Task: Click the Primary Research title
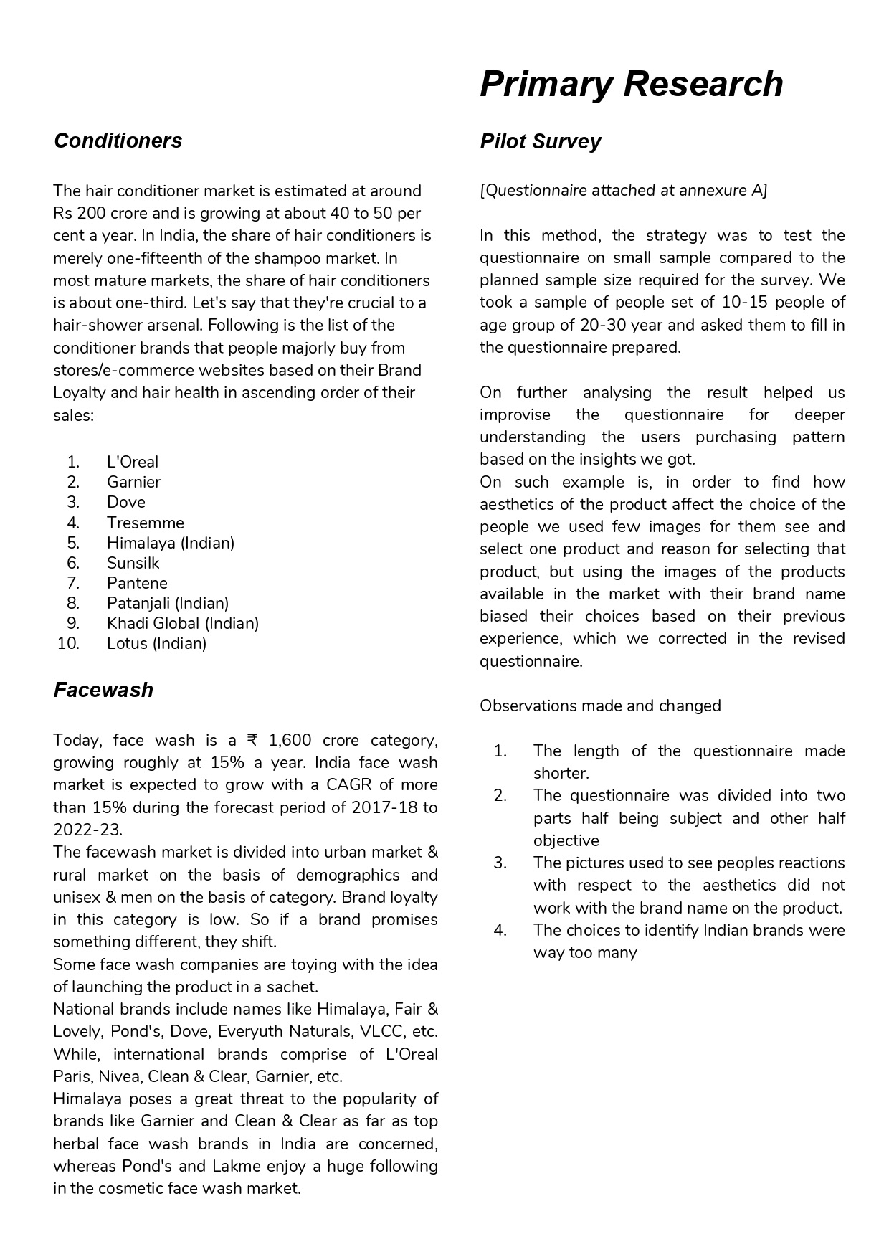[631, 84]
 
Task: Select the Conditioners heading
[118, 141]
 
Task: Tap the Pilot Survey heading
[540, 141]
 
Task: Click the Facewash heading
[103, 690]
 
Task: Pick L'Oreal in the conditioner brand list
[133, 462]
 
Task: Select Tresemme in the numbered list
[146, 523]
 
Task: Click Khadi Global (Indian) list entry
[183, 623]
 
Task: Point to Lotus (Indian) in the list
[156, 643]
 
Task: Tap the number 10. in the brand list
[68, 643]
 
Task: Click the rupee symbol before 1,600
[252, 740]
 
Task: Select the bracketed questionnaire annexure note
[623, 191]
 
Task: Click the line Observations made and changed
[600, 706]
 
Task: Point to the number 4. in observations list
[500, 930]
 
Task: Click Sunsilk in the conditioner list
[133, 563]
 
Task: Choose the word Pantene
[137, 583]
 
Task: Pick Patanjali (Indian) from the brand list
[168, 603]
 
